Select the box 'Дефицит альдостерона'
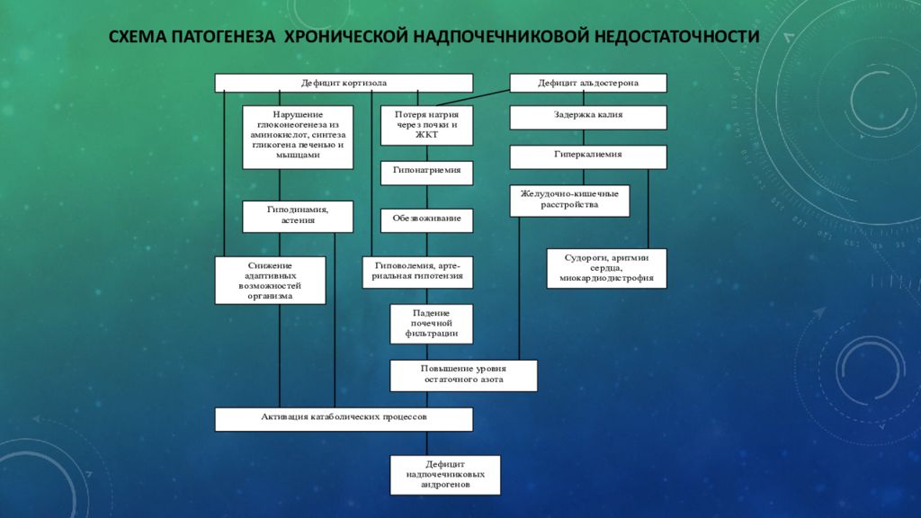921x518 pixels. point(588,83)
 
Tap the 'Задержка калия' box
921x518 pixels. point(588,117)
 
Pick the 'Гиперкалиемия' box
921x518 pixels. point(588,156)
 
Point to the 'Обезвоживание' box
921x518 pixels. point(426,219)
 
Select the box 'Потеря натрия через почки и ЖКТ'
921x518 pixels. point(426,126)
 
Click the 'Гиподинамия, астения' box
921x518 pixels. point(297,216)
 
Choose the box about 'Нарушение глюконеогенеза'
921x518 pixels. point(297,137)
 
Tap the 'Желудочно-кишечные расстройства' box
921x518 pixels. point(569,201)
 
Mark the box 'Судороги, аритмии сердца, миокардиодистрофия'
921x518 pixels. point(606,268)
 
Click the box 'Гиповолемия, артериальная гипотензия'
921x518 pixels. point(418,272)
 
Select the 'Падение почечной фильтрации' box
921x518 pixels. point(431,324)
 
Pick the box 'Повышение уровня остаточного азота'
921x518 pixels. point(463,375)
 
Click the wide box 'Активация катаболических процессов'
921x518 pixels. point(344,419)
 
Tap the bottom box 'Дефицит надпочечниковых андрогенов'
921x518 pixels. point(444,475)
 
